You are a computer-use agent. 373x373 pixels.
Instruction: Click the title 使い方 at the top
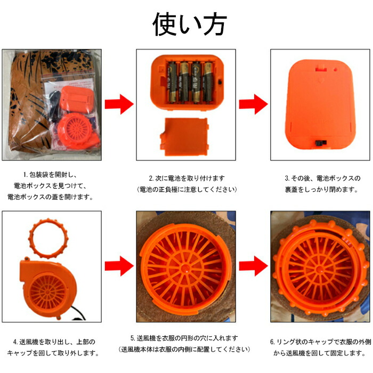(x=190, y=24)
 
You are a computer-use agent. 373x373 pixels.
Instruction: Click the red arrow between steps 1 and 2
(x=119, y=104)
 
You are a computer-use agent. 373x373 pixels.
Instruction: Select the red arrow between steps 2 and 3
(x=253, y=104)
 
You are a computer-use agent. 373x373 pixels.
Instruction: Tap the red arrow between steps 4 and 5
(x=119, y=266)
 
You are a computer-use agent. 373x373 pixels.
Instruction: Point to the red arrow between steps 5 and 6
(x=253, y=266)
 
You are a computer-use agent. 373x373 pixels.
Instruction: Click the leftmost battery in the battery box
(x=172, y=82)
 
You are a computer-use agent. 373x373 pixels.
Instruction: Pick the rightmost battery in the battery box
(x=208, y=82)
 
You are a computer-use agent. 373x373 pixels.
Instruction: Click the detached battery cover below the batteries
(x=184, y=136)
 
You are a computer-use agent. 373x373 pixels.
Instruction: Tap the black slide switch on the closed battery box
(x=321, y=143)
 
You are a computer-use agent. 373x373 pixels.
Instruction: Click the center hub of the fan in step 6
(x=320, y=270)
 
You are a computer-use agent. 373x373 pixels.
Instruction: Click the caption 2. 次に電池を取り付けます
(x=186, y=178)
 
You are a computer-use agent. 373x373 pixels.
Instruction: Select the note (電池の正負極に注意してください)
(x=186, y=190)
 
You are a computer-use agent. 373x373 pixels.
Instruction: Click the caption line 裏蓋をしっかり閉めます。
(x=322, y=190)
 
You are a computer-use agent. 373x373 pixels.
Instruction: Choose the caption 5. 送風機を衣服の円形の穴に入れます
(x=184, y=338)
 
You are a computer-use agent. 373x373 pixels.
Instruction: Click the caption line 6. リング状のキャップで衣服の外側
(x=320, y=342)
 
